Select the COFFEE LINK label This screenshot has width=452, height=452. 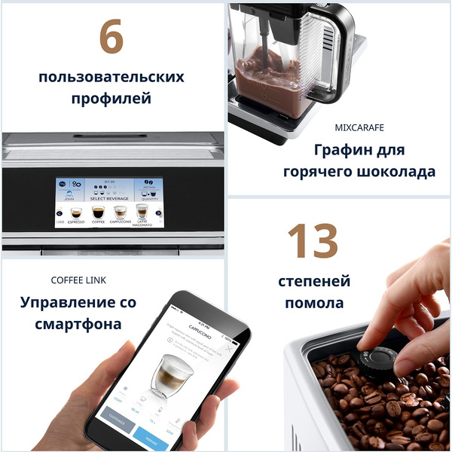point(78,280)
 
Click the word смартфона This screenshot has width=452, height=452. point(78,325)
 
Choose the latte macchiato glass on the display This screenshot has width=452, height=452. point(142,211)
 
